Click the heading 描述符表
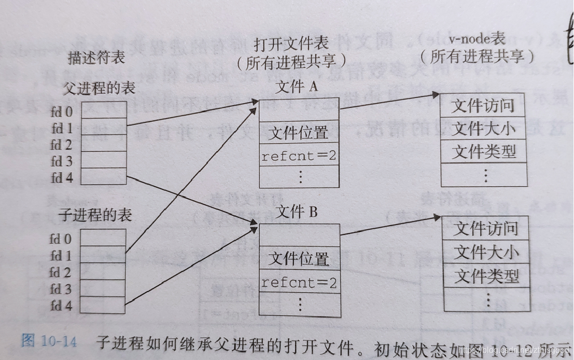coord(96,58)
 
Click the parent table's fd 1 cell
coord(103,127)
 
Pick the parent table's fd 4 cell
coord(103,176)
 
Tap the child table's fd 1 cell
coord(103,255)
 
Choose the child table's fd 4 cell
coord(103,305)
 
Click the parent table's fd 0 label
coord(62,112)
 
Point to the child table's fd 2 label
coord(61,272)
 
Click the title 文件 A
coord(297,87)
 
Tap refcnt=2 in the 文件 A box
coord(299,156)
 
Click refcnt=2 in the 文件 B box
coord(299,283)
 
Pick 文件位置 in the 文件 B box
coord(300,259)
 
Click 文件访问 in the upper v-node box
coord(483,106)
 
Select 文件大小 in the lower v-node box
coord(486,253)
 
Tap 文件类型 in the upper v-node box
coord(484,151)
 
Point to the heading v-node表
coord(478,38)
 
